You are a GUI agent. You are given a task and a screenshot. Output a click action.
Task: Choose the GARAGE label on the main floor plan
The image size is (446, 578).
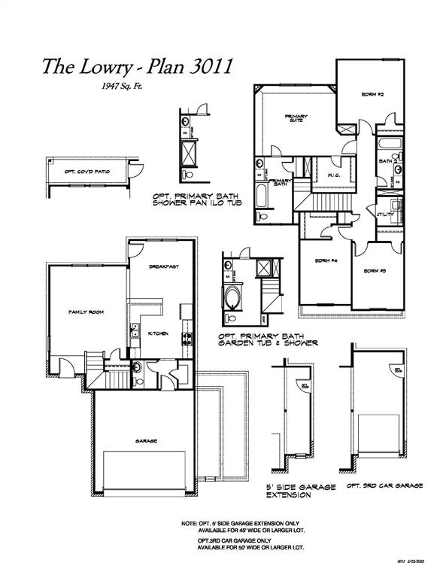click(146, 441)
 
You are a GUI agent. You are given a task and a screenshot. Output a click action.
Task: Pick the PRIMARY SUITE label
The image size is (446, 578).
click(293, 118)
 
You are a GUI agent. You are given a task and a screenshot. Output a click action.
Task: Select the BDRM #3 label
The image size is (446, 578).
click(375, 271)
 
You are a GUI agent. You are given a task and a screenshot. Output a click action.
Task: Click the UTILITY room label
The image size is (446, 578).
click(386, 214)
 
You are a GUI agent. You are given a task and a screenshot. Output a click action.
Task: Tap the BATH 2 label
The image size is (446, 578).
click(387, 161)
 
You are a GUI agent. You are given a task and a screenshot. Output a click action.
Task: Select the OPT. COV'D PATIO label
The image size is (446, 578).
click(87, 172)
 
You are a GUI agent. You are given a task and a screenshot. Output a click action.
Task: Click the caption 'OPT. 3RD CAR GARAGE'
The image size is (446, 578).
click(384, 486)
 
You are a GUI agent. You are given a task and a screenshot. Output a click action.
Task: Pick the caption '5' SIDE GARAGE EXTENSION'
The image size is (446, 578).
click(301, 491)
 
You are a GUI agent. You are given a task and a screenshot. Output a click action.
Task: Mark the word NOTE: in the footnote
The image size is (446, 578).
click(189, 522)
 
